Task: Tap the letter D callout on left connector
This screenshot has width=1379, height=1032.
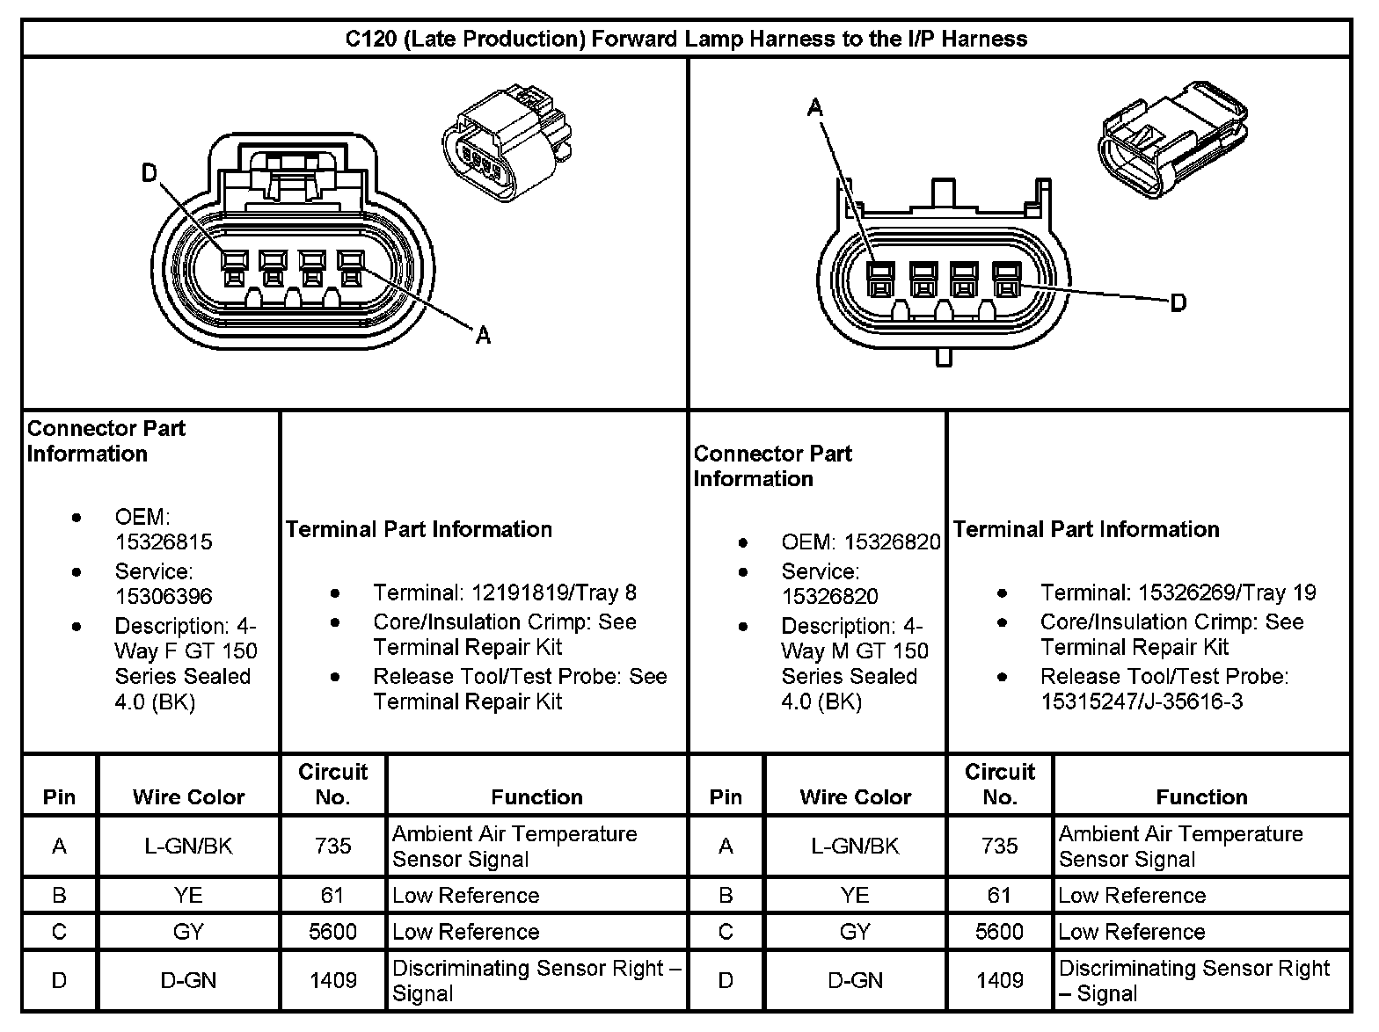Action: pos(150,173)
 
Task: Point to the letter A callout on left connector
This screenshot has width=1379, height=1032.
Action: pos(483,334)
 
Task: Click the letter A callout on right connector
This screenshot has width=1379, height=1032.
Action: pos(815,108)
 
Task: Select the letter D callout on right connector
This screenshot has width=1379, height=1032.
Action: pos(1178,303)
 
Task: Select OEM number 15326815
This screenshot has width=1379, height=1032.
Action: pos(164,542)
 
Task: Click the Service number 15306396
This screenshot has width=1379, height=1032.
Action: pos(164,596)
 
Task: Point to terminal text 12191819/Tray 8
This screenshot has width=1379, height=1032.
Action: pos(505,592)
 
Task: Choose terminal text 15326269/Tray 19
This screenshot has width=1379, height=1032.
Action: pos(1178,592)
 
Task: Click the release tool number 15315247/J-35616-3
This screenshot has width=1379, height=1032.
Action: pos(1142,701)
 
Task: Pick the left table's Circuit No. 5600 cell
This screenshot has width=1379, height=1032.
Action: pos(332,932)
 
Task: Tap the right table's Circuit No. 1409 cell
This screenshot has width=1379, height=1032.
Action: pos(999,980)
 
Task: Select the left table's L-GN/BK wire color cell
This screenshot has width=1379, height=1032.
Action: pos(188,847)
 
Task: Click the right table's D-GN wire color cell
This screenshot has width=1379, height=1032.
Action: pos(855,980)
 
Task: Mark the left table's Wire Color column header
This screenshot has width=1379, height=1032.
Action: pos(188,797)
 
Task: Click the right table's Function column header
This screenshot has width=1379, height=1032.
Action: pos(1201,797)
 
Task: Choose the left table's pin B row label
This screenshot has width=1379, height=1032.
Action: pos(60,896)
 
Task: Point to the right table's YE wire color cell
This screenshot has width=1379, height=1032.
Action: pos(855,896)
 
